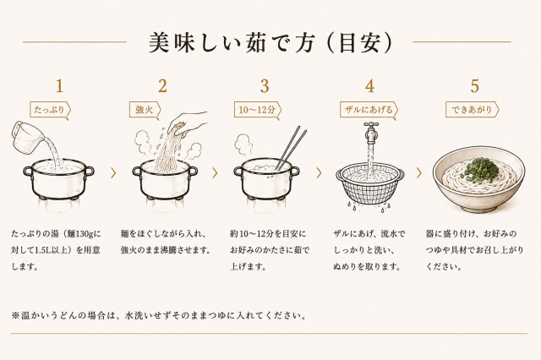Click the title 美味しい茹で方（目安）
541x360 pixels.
[270, 43]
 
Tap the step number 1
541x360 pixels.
[59, 86]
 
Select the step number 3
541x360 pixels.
[265, 86]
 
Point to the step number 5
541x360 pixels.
[475, 86]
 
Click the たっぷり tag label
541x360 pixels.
[50, 111]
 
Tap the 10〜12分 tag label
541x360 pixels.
[257, 111]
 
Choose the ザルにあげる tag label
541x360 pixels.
[369, 111]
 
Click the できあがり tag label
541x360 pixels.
[472, 111]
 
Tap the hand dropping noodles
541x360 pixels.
[189, 123]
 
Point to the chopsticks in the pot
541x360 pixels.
[291, 148]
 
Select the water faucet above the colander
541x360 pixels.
[371, 132]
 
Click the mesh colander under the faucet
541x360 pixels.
[370, 183]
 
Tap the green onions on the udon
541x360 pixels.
[481, 170]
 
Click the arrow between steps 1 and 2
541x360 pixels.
[113, 173]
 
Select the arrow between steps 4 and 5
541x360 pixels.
[419, 173]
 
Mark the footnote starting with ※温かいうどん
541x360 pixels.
[158, 315]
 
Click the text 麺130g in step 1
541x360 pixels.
[81, 234]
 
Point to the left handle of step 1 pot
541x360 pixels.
[28, 172]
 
